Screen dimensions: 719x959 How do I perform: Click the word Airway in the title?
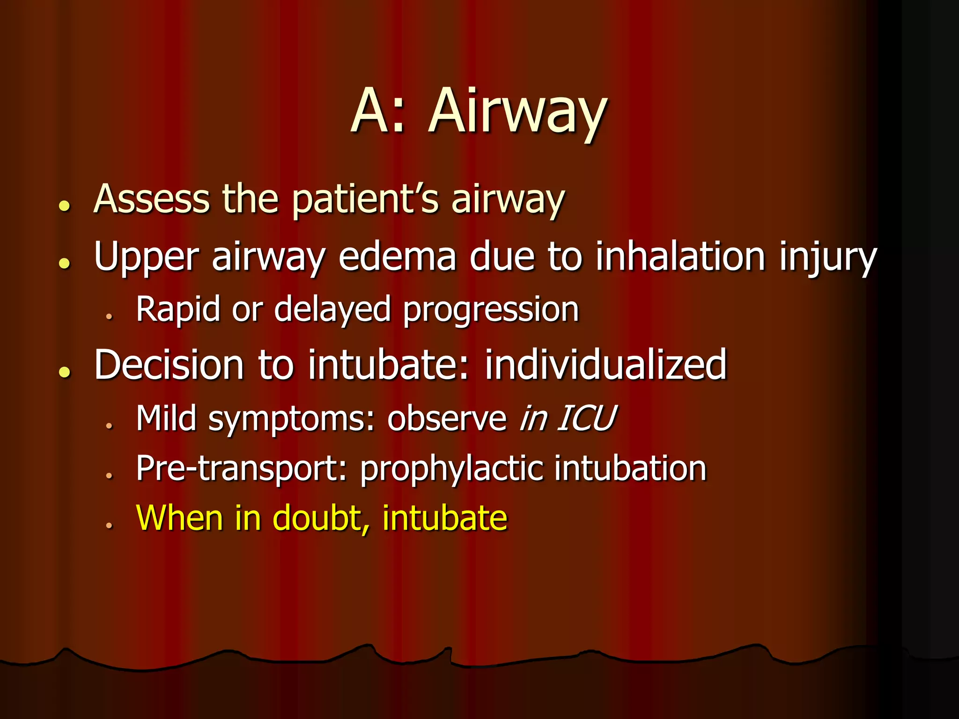(x=517, y=112)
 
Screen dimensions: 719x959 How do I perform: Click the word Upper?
(x=146, y=257)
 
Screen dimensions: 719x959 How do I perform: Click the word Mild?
(x=166, y=418)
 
